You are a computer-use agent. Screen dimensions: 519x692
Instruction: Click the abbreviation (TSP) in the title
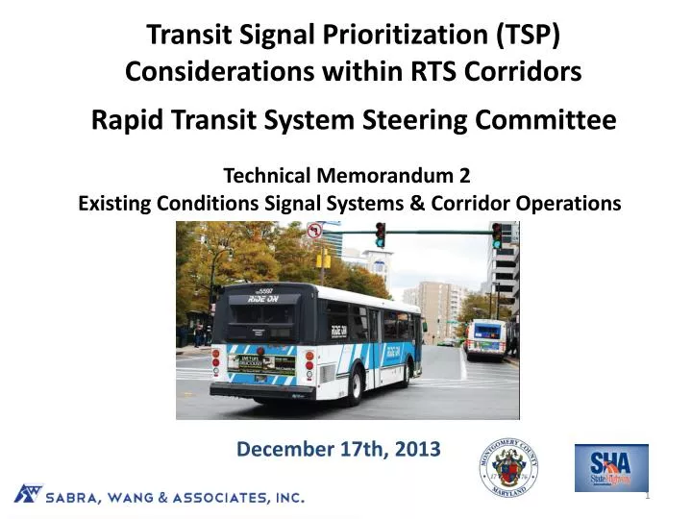(527, 37)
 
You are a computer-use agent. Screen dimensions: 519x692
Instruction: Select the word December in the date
(275, 449)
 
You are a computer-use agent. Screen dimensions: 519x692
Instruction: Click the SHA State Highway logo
(611, 468)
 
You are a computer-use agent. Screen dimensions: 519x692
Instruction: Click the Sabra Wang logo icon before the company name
(28, 494)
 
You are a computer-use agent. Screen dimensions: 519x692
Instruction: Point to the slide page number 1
(648, 495)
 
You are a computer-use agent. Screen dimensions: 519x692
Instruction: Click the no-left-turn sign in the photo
(314, 231)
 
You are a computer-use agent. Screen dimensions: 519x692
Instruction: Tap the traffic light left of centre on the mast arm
(381, 235)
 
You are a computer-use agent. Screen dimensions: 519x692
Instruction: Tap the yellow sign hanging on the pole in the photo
(325, 259)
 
